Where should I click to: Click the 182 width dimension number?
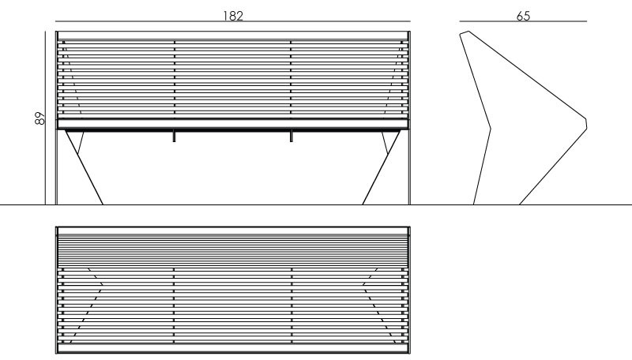coord(233,16)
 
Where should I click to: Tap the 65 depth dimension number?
coord(523,16)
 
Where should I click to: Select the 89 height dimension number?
coord(40,118)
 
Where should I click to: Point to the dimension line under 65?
coord(523,21)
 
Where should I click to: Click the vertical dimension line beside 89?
coord(46,118)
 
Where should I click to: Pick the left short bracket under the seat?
coord(174,136)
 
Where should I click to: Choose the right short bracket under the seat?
coord(291,136)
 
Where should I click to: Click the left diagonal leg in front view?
coord(85,167)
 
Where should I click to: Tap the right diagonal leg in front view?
coord(382,167)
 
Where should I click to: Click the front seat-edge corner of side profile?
coord(586,123)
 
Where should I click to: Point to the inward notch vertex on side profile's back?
coord(490,129)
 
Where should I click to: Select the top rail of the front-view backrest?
coord(233,35)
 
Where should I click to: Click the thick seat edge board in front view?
coord(233,124)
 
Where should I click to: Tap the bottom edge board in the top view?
coord(233,348)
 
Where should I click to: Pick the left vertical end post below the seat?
coord(57,167)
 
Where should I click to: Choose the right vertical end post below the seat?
coord(409,167)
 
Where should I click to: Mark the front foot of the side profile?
coord(520,204)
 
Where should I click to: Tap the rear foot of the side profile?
coord(473,204)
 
